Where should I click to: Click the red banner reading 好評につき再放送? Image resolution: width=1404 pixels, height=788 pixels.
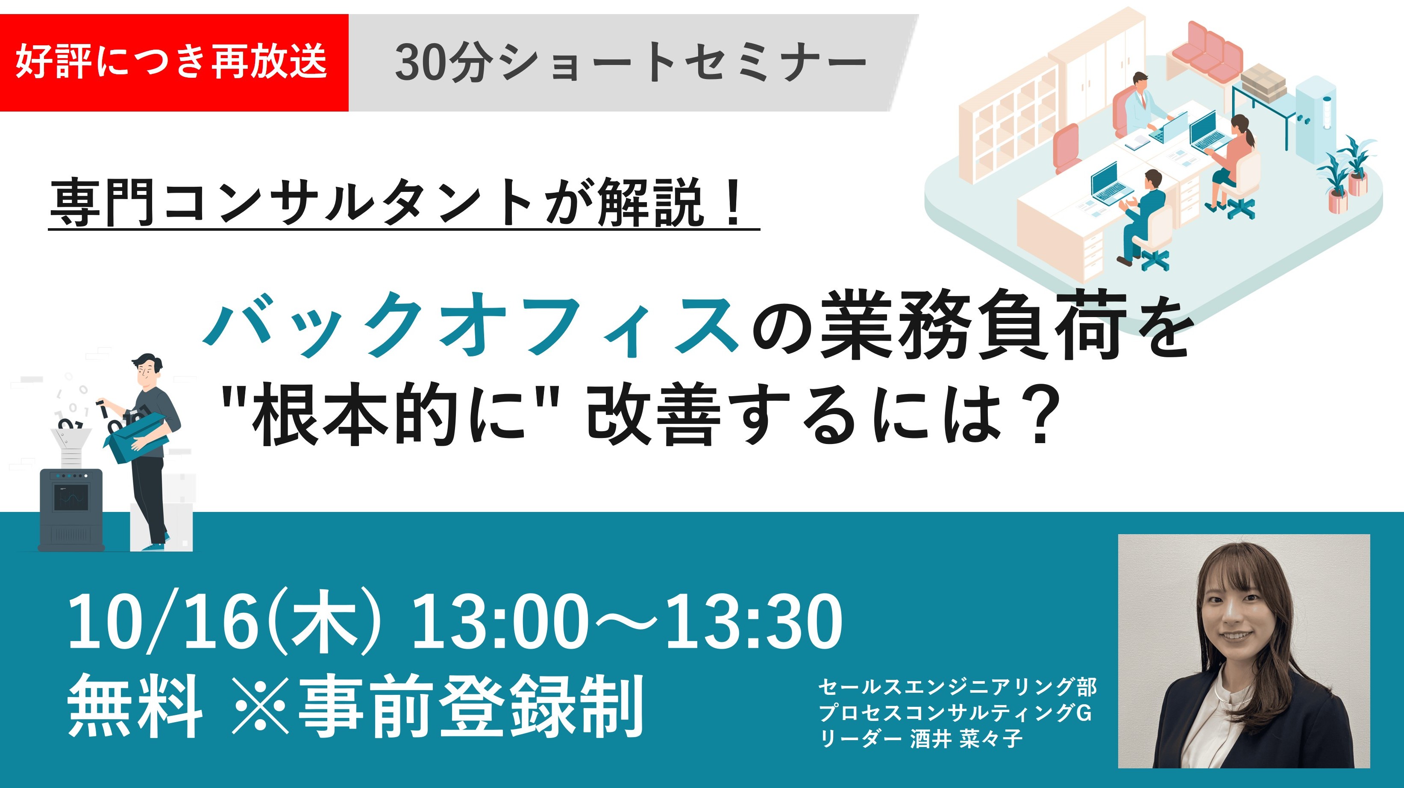point(174,63)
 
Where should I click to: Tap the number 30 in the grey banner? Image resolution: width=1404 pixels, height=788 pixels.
point(417,63)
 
